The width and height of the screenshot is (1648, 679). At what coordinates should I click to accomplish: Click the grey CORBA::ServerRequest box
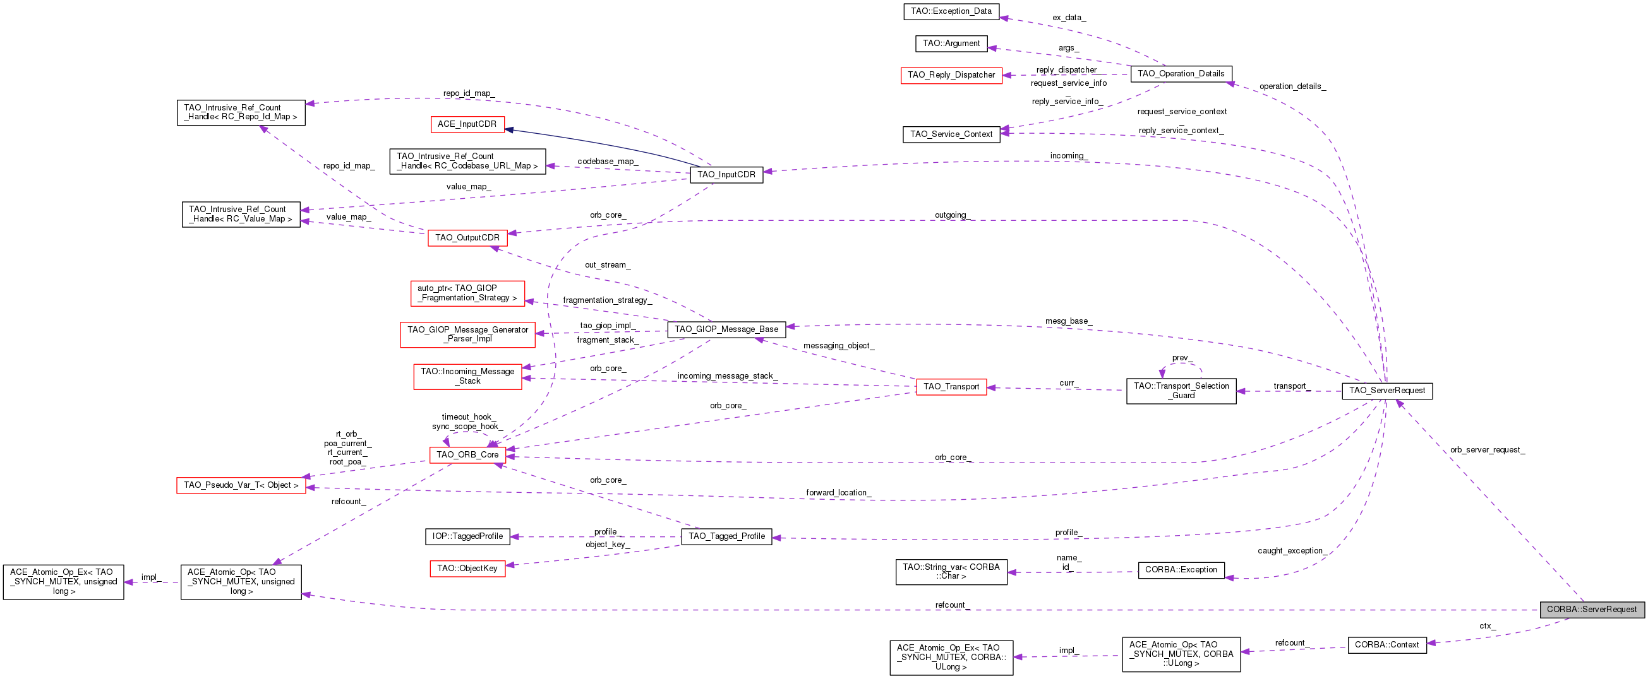point(1592,610)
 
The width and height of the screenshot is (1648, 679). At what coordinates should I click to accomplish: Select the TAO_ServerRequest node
point(1387,391)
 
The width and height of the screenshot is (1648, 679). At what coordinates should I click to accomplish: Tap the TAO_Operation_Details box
point(1181,74)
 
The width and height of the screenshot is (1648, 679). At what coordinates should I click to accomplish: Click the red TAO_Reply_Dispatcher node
point(951,75)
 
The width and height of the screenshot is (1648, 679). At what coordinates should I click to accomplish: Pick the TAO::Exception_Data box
point(951,11)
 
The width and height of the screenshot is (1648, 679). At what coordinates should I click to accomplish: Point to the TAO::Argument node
point(951,44)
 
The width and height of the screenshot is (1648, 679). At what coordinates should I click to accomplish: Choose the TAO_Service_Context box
point(951,134)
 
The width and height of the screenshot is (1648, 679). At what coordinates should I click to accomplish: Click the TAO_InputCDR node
point(726,175)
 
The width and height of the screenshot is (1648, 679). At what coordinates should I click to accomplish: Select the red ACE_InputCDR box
point(467,124)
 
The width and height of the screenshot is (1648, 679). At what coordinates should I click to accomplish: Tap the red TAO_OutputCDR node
point(467,238)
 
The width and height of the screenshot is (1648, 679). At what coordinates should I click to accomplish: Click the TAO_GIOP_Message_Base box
point(726,329)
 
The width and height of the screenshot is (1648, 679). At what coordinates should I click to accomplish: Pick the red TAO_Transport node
point(951,387)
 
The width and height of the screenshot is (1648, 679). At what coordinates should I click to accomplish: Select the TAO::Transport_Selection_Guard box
point(1181,391)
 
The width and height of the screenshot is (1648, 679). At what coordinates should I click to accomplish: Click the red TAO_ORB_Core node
point(467,455)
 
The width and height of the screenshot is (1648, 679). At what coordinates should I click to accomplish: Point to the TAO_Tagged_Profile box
point(726,536)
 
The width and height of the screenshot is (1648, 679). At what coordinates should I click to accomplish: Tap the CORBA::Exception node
point(1181,570)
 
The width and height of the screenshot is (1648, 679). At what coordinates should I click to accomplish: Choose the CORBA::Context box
point(1387,645)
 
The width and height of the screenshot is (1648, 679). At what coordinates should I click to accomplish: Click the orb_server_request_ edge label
point(1488,450)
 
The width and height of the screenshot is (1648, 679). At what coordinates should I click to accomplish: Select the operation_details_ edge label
point(1292,86)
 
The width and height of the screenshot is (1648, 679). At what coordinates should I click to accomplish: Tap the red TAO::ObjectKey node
point(467,569)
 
